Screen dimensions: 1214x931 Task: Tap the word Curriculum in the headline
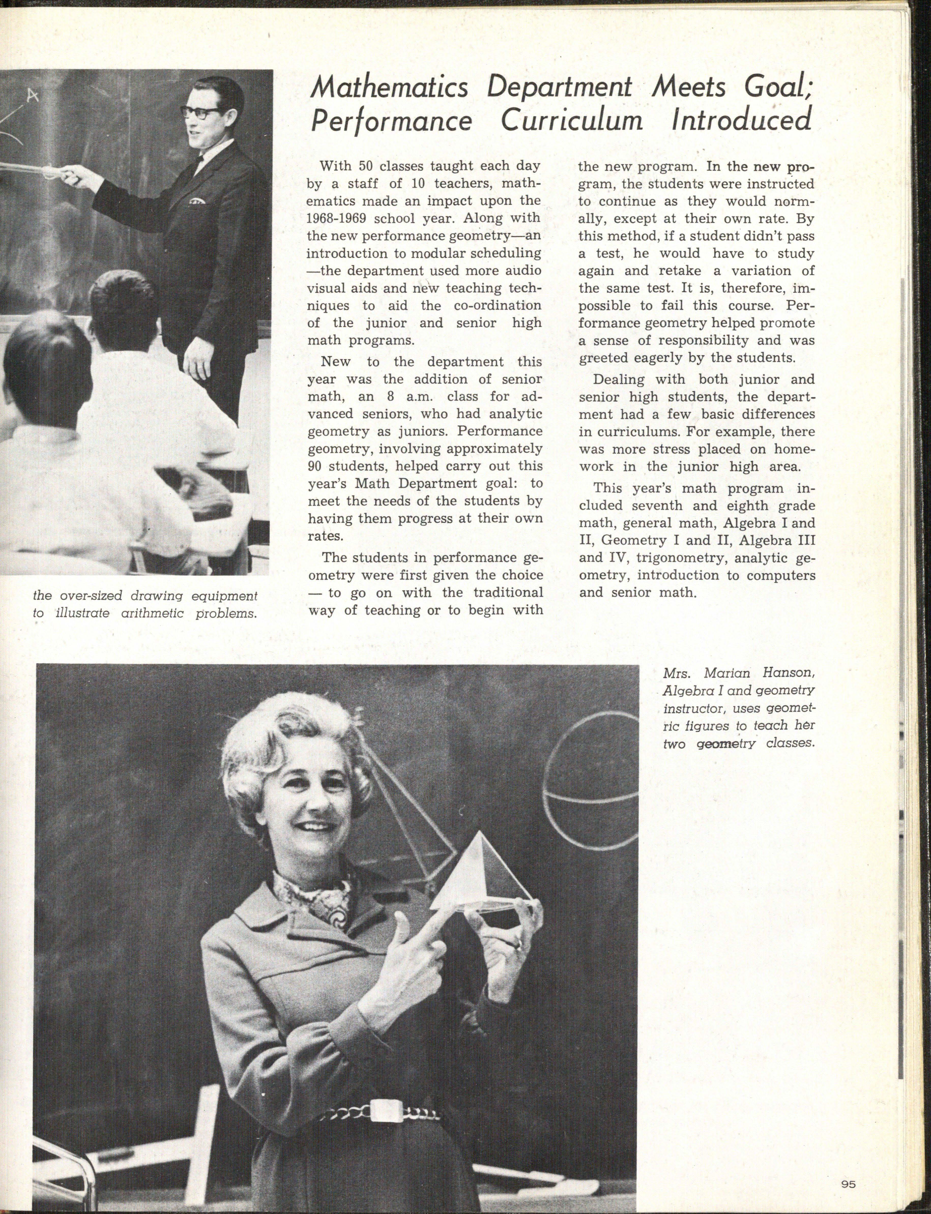tap(572, 121)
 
